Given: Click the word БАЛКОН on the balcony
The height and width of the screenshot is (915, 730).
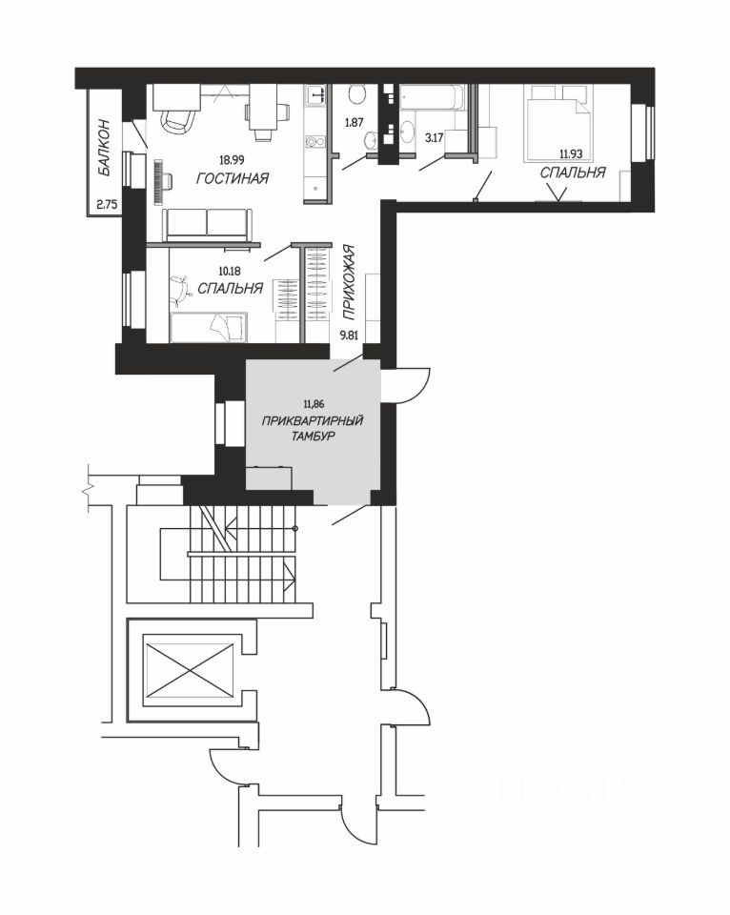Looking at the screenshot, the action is pyautogui.click(x=105, y=147).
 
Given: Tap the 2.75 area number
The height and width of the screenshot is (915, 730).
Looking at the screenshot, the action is pyautogui.click(x=107, y=204).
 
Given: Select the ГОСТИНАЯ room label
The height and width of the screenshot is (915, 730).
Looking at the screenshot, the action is pyautogui.click(x=233, y=178).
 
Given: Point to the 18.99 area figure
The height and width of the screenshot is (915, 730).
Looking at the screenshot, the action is pyautogui.click(x=232, y=159).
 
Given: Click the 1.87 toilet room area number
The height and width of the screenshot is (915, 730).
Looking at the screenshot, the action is pyautogui.click(x=354, y=123).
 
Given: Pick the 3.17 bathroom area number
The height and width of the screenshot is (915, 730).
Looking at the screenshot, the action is pyautogui.click(x=435, y=137).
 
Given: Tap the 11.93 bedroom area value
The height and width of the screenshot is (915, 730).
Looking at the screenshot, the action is pyautogui.click(x=571, y=154).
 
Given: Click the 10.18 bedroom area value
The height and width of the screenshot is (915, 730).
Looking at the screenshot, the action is pyautogui.click(x=230, y=271).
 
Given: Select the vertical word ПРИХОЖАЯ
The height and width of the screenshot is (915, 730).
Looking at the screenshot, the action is pyautogui.click(x=349, y=282).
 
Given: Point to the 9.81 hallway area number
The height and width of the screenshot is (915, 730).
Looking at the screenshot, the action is pyautogui.click(x=349, y=335).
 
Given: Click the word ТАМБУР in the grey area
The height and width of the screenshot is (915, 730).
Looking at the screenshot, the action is pyautogui.click(x=313, y=436).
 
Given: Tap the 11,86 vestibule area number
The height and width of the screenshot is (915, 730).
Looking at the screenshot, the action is pyautogui.click(x=314, y=403).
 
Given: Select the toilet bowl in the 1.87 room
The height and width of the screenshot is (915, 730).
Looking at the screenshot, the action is pyautogui.click(x=355, y=94).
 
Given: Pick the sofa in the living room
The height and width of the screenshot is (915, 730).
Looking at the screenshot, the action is pyautogui.click(x=207, y=224).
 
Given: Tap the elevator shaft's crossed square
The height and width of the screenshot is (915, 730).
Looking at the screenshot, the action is pyautogui.click(x=189, y=670).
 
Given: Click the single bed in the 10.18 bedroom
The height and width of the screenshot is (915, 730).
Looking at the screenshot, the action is pyautogui.click(x=209, y=327).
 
